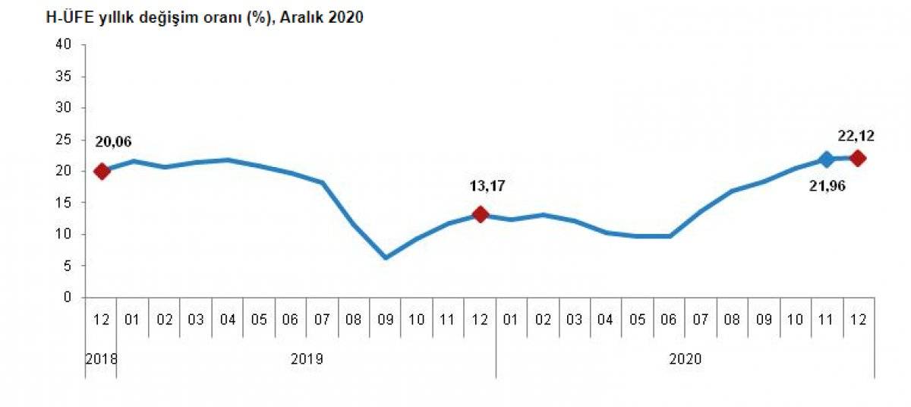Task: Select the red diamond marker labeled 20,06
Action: coord(102,171)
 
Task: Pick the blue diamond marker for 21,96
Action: coord(826,159)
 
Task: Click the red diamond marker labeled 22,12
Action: coord(858,158)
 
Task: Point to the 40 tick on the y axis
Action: coord(64,45)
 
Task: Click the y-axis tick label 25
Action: coord(64,140)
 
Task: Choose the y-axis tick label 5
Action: coord(68,266)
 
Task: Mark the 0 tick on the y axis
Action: coord(68,298)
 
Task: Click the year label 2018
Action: coord(101,358)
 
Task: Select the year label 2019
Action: coord(307,358)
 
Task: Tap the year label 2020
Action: coord(685,358)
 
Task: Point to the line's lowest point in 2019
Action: coord(386,257)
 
